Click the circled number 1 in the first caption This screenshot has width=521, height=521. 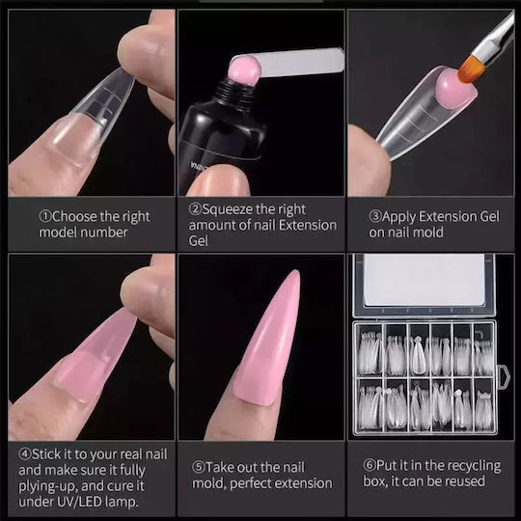point(45,217)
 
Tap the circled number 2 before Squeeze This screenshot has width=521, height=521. point(195,209)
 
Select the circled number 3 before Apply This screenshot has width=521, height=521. point(375,217)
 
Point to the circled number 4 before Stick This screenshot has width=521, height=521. point(25,453)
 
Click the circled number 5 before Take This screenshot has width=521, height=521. point(199,468)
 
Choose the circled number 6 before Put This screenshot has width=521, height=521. point(370,465)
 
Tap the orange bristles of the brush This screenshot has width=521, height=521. point(470,70)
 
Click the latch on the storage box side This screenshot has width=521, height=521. point(503,377)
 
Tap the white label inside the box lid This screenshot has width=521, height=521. point(424,281)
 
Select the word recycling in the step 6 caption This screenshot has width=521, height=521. point(472,466)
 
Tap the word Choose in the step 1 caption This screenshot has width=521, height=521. point(74,217)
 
